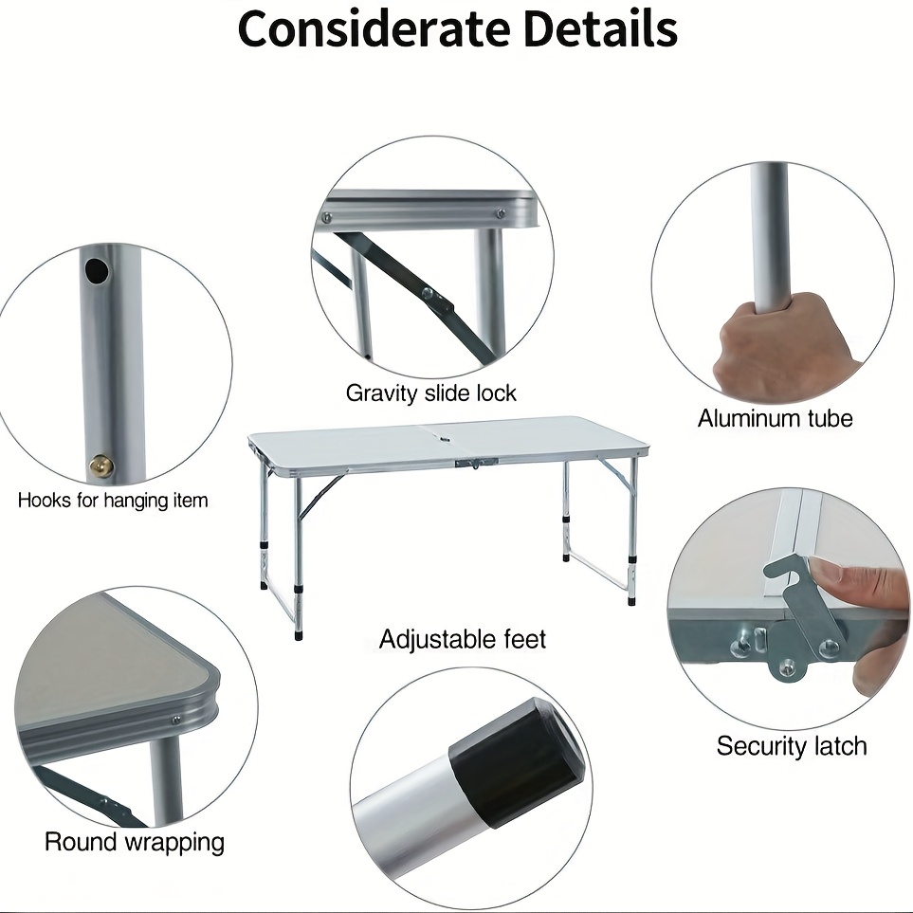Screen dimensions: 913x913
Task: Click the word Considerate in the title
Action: coord(374,29)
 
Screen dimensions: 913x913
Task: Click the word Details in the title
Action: coord(601,29)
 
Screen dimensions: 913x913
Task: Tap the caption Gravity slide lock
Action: coord(430,393)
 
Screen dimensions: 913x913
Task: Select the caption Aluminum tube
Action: coord(775,418)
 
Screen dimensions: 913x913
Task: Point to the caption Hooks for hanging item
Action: coord(113,501)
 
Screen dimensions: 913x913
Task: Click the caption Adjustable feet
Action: coord(463,639)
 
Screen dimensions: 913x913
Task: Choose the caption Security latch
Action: coord(792,746)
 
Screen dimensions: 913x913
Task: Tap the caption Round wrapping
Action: coord(135,842)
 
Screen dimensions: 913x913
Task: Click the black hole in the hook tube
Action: coord(97,270)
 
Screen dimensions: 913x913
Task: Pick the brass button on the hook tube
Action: coord(100,466)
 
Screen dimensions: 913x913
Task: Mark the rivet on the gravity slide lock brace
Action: coord(429,294)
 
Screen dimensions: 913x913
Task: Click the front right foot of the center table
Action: coord(631,599)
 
